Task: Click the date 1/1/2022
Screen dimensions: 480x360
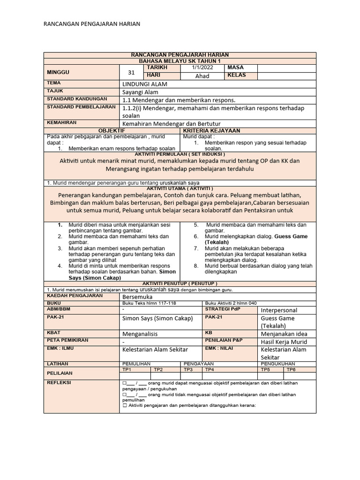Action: pos(202,68)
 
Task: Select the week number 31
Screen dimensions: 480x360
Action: pos(131,73)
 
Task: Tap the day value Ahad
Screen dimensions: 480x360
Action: pos(202,76)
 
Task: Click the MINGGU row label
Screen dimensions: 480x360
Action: pos(58,72)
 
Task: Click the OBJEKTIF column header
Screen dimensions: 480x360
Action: pos(112,130)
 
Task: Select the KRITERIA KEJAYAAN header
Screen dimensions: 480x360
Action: pos(212,130)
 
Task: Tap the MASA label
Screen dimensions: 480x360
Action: pos(235,68)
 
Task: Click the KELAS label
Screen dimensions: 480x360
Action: pos(236,75)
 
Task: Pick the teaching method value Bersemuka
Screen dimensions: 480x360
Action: pos(137,297)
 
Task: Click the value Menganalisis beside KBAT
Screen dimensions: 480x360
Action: pos(140,334)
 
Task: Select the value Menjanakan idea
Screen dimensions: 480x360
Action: pos(284,334)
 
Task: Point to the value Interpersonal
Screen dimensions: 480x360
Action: pos(279,310)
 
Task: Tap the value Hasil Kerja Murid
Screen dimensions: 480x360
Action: pos(287,342)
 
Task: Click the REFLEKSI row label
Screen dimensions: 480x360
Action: pos(58,382)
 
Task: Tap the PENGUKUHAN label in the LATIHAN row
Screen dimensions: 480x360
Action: pos(278,364)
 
